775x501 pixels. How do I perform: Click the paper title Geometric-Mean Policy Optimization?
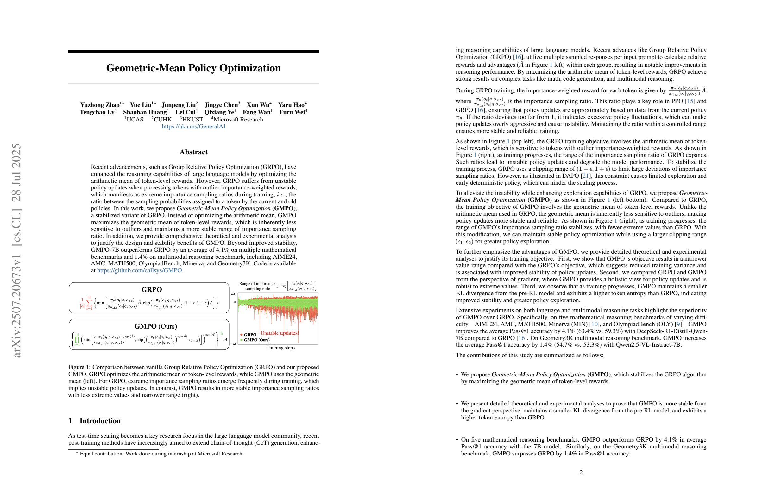tap(193, 68)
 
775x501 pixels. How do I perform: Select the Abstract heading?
tap(193, 152)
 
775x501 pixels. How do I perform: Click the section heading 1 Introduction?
tap(94, 421)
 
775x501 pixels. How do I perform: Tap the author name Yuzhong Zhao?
tap(100, 105)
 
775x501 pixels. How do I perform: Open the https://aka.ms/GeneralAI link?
tap(193, 127)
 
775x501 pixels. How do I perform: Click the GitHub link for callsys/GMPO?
tap(139, 270)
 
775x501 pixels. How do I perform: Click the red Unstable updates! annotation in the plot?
tap(280, 333)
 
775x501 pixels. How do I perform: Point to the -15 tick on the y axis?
tap(233, 344)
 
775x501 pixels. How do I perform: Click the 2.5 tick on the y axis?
tap(233, 294)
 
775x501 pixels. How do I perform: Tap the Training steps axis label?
tap(280, 348)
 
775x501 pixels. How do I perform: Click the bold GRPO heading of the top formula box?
tap(151, 289)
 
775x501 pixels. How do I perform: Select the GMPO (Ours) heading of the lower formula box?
tap(156, 326)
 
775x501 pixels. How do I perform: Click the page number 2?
tap(581, 472)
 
